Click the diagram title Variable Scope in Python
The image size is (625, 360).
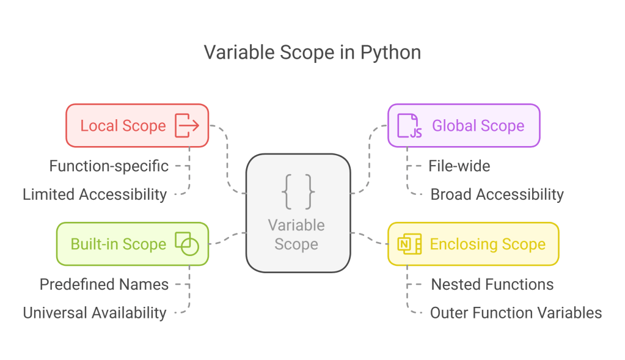312,53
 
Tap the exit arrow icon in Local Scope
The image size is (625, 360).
187,125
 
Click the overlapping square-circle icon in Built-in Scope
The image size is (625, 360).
187,244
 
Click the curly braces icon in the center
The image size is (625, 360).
298,191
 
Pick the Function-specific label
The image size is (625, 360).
109,166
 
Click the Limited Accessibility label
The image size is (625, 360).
95,194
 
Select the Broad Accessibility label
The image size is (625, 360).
497,194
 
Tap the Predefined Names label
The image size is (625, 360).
104,284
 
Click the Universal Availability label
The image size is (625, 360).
95,313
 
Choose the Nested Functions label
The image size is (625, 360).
492,284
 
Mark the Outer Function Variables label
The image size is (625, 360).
516,313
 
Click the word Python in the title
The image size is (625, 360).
390,53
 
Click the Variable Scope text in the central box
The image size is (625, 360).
296,235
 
